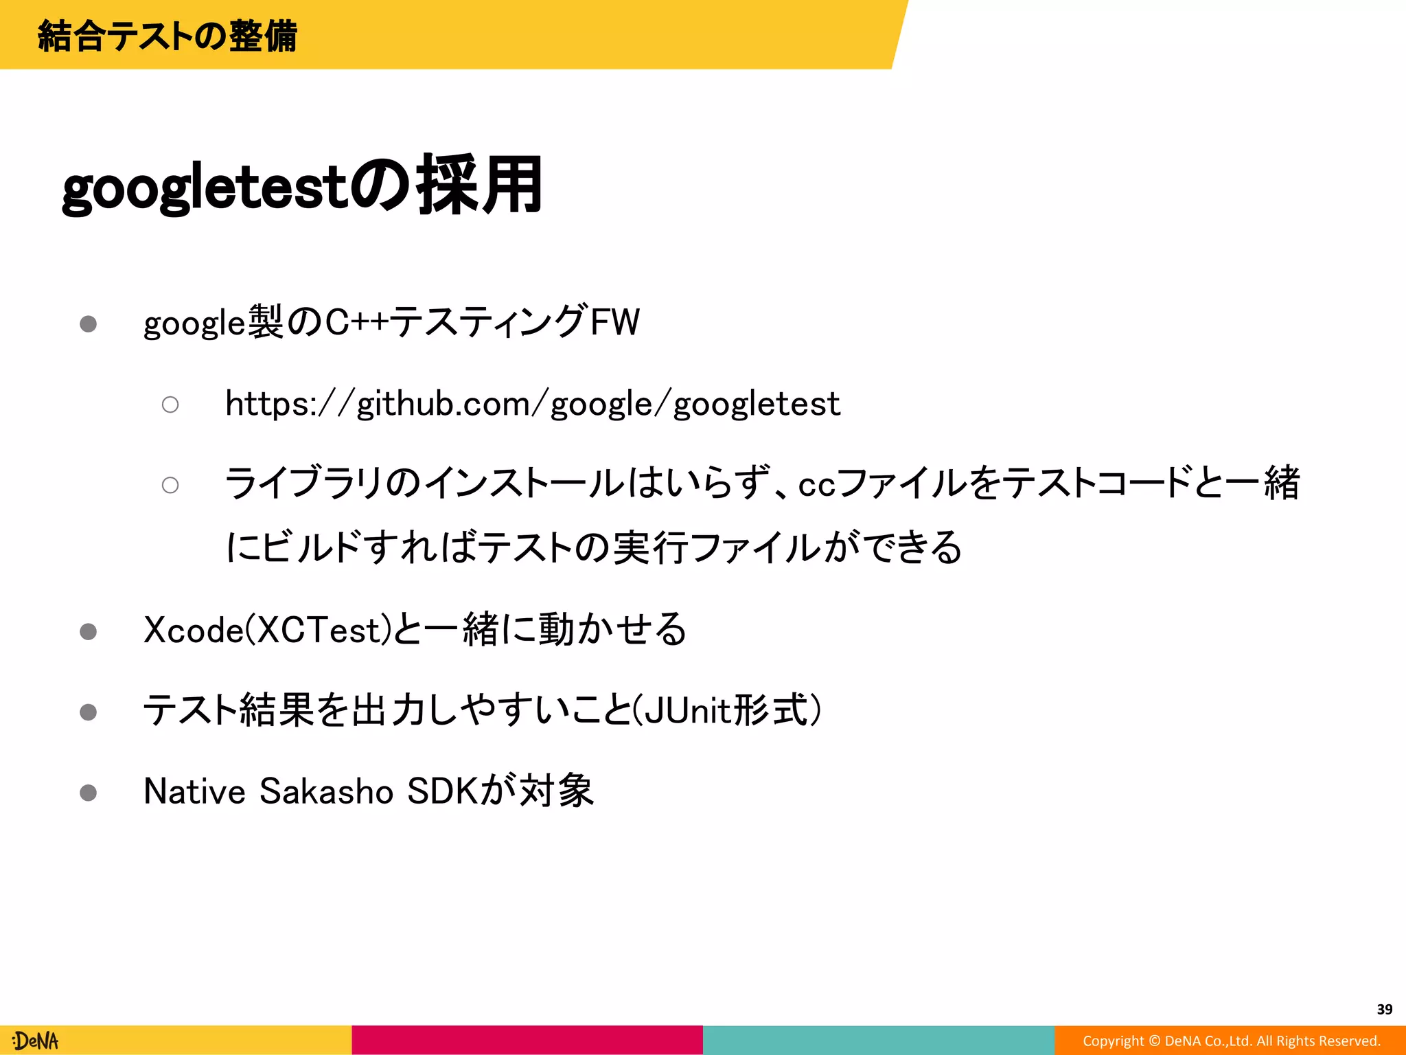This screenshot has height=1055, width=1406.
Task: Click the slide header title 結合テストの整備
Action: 168,36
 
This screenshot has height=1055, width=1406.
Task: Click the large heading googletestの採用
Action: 302,186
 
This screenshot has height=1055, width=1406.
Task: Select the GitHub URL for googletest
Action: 532,403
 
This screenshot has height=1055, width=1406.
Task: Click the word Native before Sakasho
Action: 194,791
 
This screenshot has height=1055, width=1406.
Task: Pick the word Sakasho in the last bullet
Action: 326,791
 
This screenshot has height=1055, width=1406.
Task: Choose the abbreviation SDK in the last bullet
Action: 441,791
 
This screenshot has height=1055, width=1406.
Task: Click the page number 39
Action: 1384,1009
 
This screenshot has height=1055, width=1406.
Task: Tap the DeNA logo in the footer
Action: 36,1041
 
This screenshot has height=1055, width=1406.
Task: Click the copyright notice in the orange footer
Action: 1231,1041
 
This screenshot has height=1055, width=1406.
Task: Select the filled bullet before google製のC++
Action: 88,324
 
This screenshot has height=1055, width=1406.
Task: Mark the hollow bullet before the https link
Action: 170,405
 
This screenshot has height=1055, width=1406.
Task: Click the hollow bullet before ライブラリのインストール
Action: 170,485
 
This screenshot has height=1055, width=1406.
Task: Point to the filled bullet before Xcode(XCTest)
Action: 88,631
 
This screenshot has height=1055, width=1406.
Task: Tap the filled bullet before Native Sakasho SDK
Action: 88,793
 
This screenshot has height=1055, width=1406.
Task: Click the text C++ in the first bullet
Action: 356,321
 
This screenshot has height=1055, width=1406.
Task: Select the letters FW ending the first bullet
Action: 615,321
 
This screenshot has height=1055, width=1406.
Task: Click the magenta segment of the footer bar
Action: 527,1040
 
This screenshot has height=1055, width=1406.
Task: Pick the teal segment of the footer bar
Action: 879,1040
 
